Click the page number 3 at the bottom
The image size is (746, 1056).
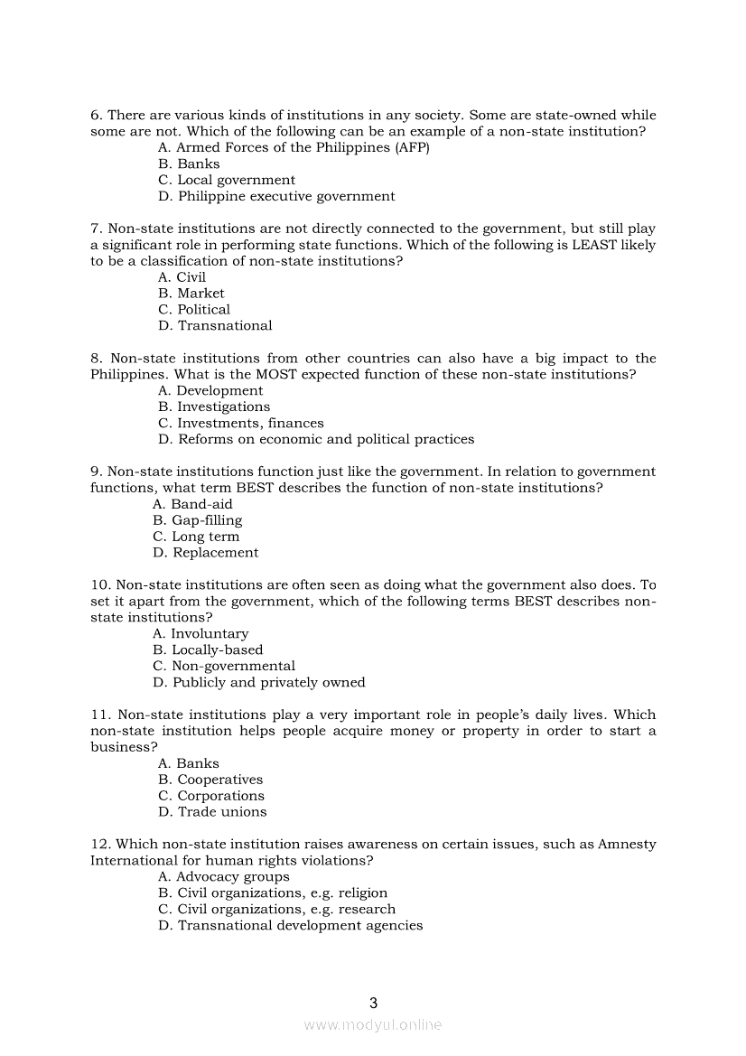(374, 1003)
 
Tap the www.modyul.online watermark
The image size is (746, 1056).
(373, 1025)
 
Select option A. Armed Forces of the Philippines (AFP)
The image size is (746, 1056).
(294, 147)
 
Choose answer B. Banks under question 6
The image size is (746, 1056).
(189, 164)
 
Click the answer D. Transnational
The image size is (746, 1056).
(215, 325)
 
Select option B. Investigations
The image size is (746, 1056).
(214, 407)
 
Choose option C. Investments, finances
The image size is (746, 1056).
(240, 423)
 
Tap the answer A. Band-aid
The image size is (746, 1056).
(192, 504)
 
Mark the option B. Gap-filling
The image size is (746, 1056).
(197, 520)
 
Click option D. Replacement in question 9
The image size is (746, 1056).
(205, 553)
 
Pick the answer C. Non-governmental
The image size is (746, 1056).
(224, 666)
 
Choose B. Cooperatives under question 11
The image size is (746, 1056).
(210, 780)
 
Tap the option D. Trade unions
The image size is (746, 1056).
(212, 812)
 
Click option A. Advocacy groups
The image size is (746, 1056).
(224, 876)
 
